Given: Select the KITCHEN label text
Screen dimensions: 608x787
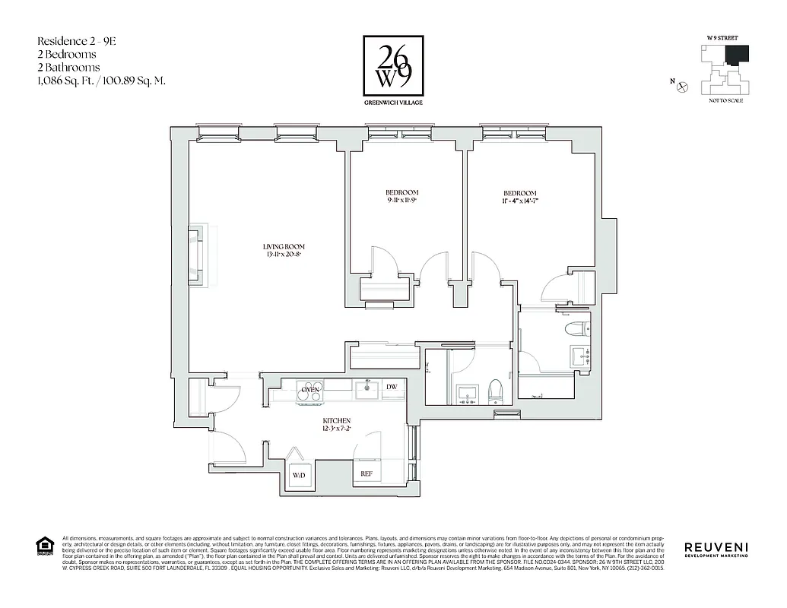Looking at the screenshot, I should click(335, 420).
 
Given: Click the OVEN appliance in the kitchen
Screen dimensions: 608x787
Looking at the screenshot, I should click(309, 389).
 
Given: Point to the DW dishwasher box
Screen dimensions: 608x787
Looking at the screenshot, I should click(391, 388).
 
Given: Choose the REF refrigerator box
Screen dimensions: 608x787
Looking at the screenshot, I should click(366, 473).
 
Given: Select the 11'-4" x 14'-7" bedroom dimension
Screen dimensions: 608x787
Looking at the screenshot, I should click(519, 201).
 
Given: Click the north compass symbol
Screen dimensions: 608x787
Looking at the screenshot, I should click(682, 87).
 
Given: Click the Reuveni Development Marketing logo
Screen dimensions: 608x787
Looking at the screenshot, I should click(716, 549).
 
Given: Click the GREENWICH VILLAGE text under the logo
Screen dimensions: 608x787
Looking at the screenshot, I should click(393, 102).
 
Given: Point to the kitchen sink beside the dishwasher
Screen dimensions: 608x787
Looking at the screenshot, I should click(367, 389).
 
